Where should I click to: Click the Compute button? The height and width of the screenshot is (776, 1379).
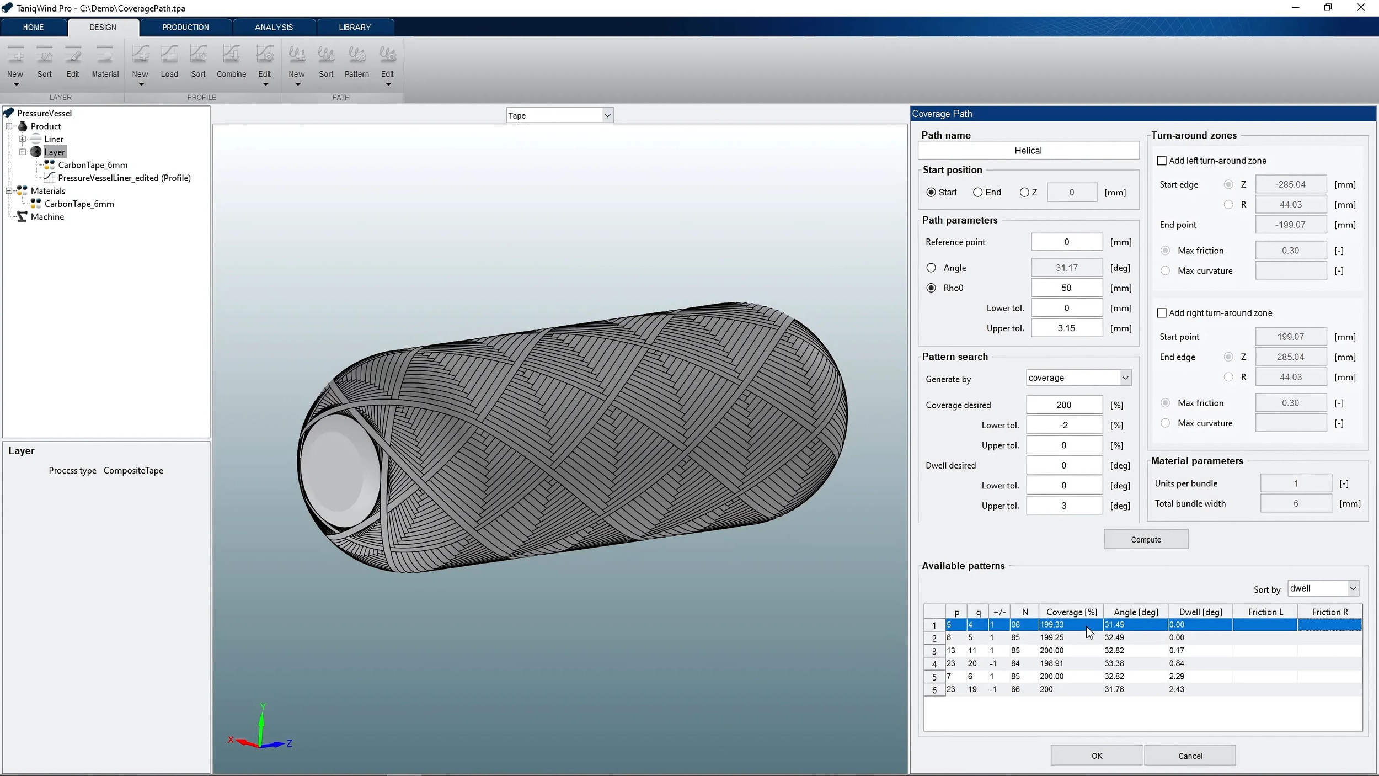tap(1146, 539)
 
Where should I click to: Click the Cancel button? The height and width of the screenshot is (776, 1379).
tap(1190, 756)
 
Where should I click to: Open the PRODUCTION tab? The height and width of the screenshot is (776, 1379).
tap(185, 27)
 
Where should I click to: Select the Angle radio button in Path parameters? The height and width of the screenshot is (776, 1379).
tap(931, 268)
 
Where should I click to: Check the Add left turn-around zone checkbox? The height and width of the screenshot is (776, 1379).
tap(1162, 161)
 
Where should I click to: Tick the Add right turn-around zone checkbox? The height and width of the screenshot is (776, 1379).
tap(1162, 313)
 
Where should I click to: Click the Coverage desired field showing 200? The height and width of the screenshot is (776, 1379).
tap(1063, 405)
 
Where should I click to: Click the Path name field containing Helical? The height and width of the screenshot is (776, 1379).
tap(1028, 150)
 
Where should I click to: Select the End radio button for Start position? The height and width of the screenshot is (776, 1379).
tap(978, 192)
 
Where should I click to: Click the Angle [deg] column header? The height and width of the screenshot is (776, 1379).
tap(1135, 612)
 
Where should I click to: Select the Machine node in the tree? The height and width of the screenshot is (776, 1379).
tap(47, 217)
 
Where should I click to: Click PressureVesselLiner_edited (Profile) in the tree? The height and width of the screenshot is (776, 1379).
tap(124, 178)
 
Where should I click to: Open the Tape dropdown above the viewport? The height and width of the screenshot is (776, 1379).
tap(559, 115)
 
